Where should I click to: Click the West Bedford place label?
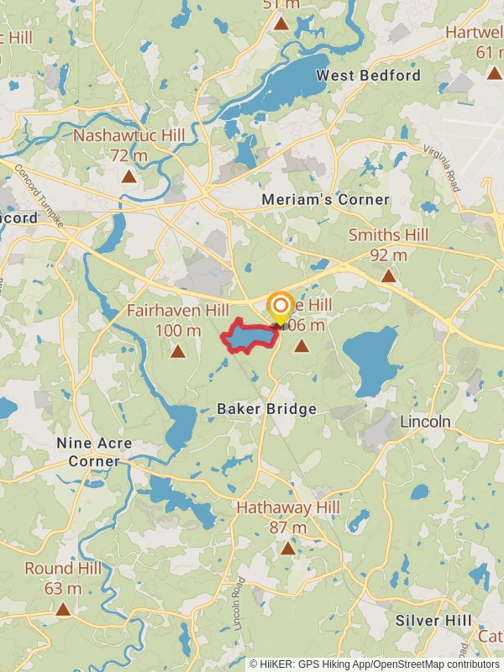point(368,76)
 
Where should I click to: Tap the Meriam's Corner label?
point(325,200)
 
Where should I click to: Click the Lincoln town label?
point(425,421)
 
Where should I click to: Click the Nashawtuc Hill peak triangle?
point(129,176)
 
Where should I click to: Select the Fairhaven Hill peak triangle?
point(177,351)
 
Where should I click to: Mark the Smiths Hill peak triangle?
point(388,276)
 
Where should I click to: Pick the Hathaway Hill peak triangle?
point(288,549)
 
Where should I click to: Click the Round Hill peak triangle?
point(63,609)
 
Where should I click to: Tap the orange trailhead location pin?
point(280,306)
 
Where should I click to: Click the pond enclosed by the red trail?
point(249,337)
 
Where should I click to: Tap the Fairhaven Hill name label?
point(177,311)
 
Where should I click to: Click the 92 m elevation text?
point(388,255)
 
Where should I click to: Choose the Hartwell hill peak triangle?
point(494,73)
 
